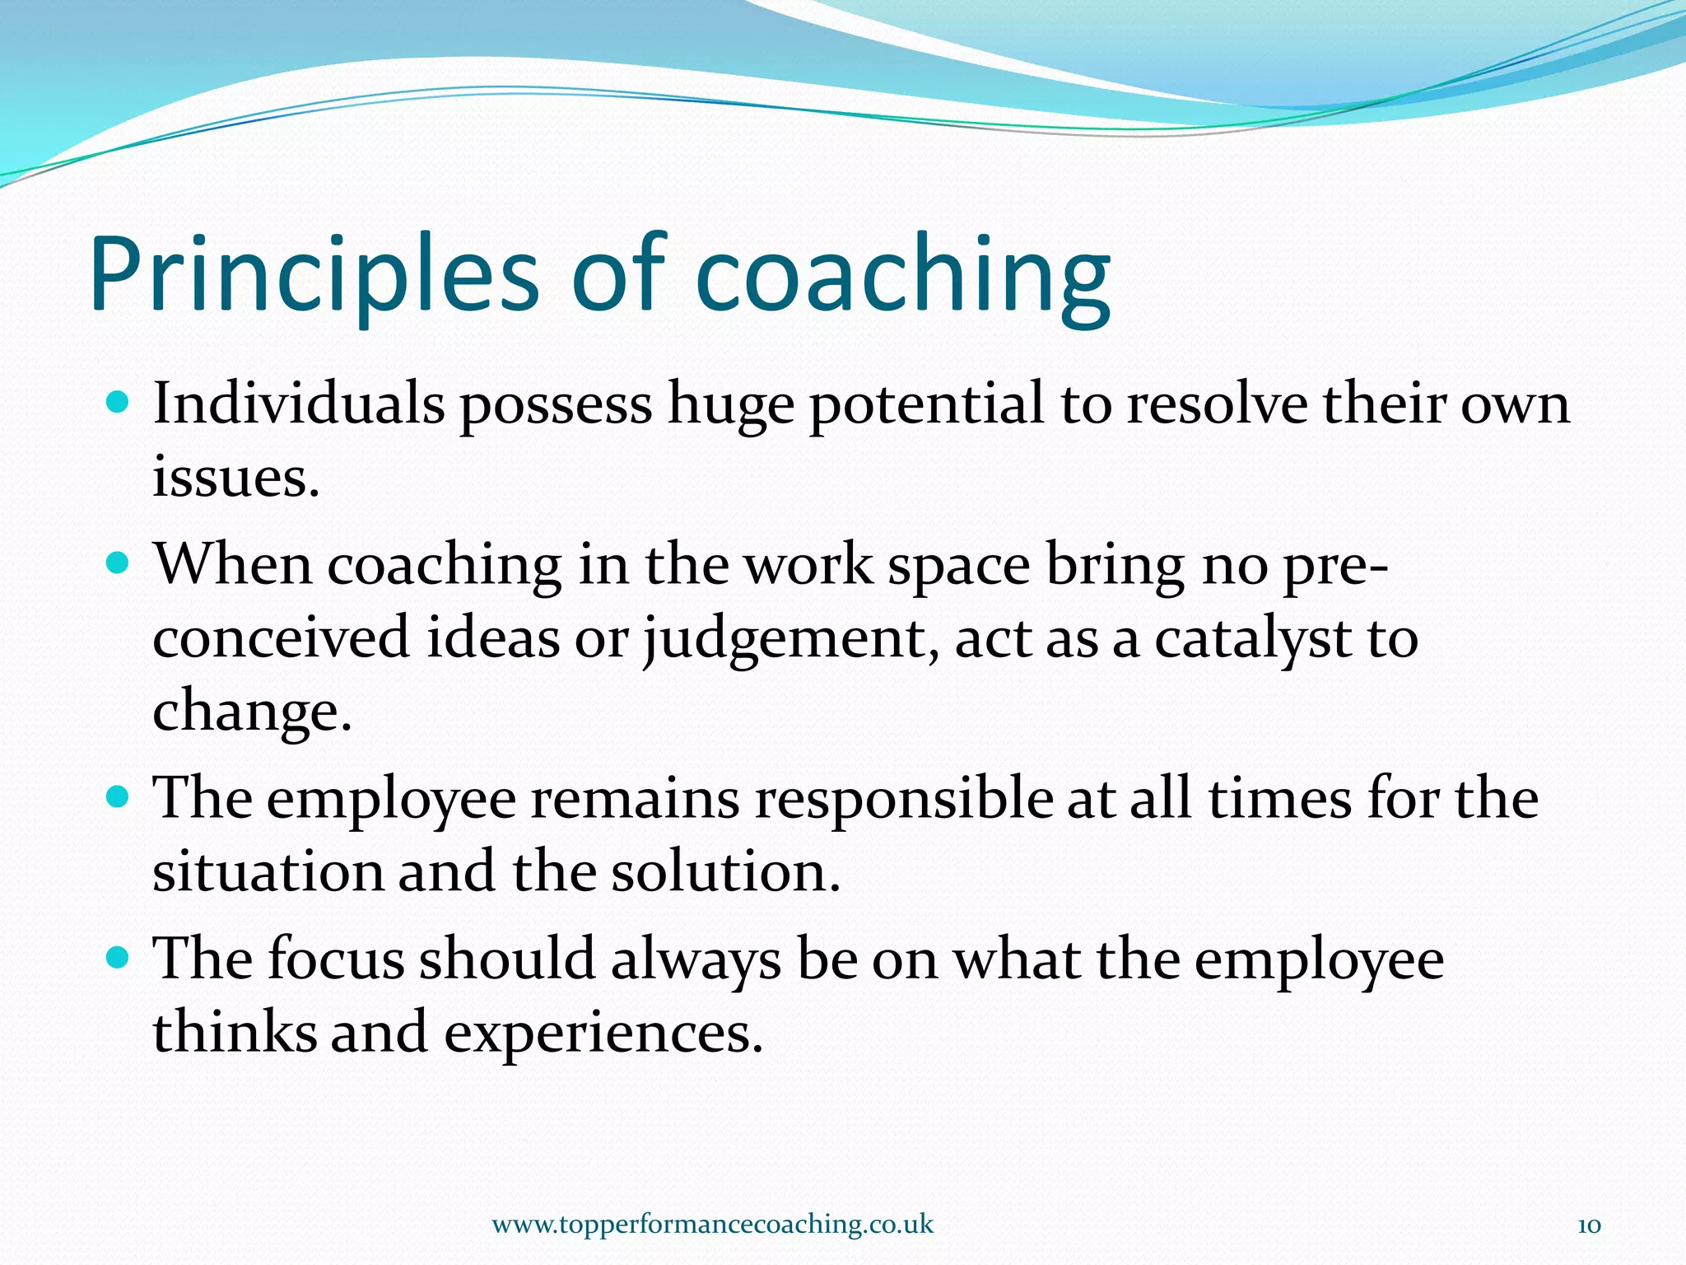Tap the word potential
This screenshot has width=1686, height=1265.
tap(927, 405)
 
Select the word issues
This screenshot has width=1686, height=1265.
tap(235, 478)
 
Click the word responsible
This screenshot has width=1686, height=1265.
tap(903, 799)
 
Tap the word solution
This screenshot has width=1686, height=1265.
tap(724, 871)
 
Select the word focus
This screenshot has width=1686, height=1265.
tap(335, 959)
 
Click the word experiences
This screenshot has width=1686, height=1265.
tap(603, 1033)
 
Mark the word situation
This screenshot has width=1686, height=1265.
tap(268, 871)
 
